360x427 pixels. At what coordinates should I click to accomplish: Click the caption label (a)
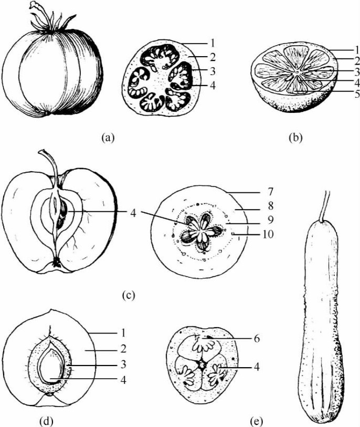tap(107, 138)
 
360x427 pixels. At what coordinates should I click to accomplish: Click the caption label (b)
tap(295, 138)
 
